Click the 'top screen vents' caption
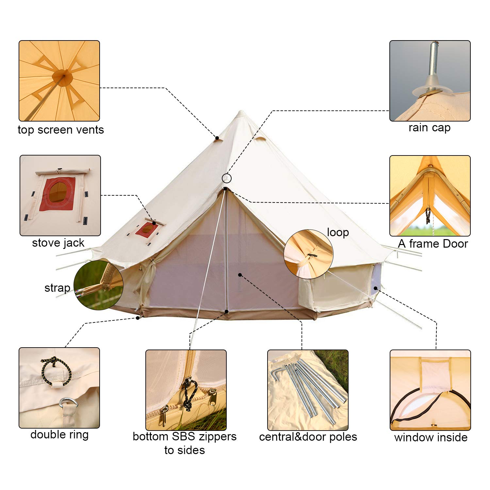pos(61,130)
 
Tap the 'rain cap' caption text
pos(429,128)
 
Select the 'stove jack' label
pos(58,243)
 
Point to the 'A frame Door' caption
pos(433,243)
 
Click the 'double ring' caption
pos(59,434)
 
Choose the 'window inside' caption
pos(431,437)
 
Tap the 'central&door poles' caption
pos(308,437)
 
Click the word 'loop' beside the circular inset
pos(338,232)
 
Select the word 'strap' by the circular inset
pos(57,288)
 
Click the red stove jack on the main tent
pos(147,230)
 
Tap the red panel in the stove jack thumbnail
pos(57,194)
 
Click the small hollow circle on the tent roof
pos(227,178)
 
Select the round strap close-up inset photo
pos(98,285)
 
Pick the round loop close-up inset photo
pos(308,254)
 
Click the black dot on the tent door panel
pos(240,275)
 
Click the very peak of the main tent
pos(241,112)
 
